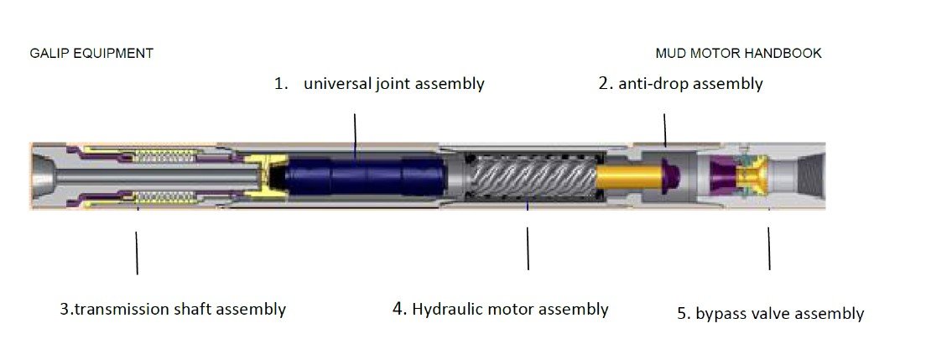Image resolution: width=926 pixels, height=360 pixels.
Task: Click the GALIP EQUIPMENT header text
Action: click(91, 53)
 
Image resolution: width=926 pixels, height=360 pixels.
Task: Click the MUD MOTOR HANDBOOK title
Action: click(738, 53)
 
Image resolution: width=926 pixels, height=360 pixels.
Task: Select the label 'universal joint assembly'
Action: click(394, 83)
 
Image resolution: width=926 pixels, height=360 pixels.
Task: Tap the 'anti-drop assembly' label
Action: click(690, 83)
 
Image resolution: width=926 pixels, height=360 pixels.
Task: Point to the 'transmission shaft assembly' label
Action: click(180, 309)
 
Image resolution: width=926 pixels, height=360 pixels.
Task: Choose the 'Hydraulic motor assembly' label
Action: click(510, 309)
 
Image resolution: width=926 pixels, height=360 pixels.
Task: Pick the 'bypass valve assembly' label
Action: click(779, 313)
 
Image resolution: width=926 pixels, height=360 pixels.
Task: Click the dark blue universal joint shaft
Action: click(366, 175)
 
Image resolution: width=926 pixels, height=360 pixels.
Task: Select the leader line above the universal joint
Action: click(355, 136)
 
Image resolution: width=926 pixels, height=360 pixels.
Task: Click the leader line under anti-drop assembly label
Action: click(665, 130)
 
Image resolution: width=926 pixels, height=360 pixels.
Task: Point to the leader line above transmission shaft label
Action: click(137, 253)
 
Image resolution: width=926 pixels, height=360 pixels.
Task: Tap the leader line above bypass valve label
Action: click(769, 248)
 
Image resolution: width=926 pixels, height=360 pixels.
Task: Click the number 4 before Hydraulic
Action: click(399, 309)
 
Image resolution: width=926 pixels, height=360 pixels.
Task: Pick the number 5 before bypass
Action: click(684, 313)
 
